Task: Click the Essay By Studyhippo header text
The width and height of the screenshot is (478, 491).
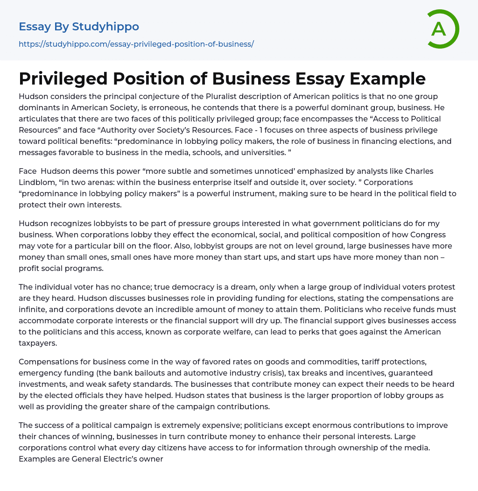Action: click(79, 27)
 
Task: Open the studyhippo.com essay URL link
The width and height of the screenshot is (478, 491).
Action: click(136, 44)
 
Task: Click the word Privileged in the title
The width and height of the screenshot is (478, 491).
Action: click(69, 78)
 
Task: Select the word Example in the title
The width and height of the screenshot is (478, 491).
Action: click(388, 78)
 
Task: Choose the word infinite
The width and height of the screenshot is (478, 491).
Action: click(34, 309)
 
